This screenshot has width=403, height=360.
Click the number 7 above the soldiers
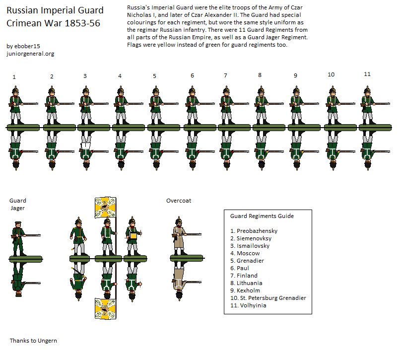pyautogui.click(x=225, y=75)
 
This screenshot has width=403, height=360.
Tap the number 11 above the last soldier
pyautogui.click(x=367, y=74)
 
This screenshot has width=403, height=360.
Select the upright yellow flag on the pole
pyautogui.click(x=105, y=208)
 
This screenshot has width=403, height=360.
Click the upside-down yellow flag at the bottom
pyautogui.click(x=105, y=309)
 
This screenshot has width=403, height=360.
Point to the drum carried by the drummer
pyautogui.click(x=134, y=235)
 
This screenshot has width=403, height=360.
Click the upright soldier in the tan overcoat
pyautogui.click(x=180, y=236)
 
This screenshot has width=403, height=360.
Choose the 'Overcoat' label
pyautogui.click(x=179, y=201)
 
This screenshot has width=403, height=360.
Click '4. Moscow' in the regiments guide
pyautogui.click(x=245, y=253)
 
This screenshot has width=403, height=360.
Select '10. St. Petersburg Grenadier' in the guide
pyautogui.click(x=268, y=298)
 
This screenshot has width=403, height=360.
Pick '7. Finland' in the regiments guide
pyautogui.click(x=244, y=276)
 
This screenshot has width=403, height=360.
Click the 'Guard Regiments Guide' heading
pyautogui.click(x=262, y=216)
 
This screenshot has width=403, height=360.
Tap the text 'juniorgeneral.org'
pyautogui.click(x=30, y=54)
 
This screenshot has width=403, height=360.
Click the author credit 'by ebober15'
pyautogui.click(x=23, y=46)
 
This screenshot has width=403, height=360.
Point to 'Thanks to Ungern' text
pyautogui.click(x=33, y=341)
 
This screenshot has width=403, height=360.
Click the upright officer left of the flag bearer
pyautogui.click(x=78, y=236)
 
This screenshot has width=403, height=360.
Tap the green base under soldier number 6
pyautogui.click(x=200, y=127)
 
